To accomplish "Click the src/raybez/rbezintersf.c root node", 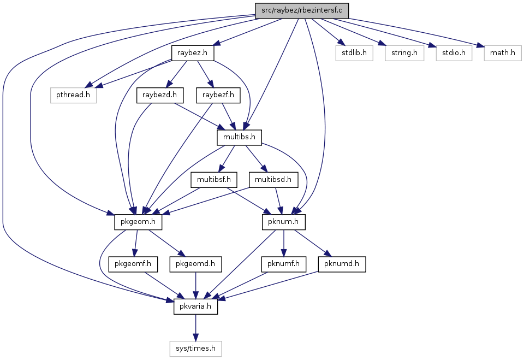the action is coord(302,11).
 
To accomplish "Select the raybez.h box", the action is coord(193,53).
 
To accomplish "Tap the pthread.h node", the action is coord(73,95).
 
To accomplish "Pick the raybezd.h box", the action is coord(160,95).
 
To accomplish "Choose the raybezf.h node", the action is coord(218,95).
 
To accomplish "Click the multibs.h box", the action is coord(239,137).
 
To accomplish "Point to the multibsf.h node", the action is coord(214,180).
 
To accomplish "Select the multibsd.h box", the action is coord(273,180).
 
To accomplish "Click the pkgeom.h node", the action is coord(138,222).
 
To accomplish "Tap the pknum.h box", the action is coord(284,222).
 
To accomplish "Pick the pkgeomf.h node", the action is coord(133,264).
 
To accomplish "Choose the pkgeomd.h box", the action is coord(195,264).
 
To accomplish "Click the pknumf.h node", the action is coord(284,264).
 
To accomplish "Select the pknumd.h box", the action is coord(342,264).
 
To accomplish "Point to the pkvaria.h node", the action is coord(195,306).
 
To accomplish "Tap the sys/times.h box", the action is coord(195,349).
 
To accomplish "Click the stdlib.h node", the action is coord(354,53).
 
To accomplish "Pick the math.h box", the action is coord(503,53).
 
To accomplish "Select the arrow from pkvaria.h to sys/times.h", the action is coord(195,328).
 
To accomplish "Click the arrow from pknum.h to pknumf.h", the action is coord(284,243).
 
